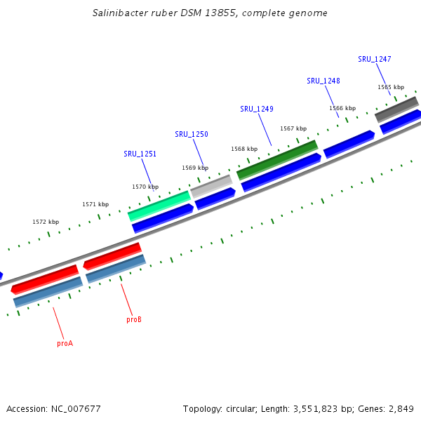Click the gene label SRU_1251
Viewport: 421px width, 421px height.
(x=140, y=154)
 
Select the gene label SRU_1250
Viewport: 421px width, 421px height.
(x=191, y=134)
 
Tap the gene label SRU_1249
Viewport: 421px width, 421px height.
(x=256, y=109)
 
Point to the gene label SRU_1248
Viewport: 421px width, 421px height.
(x=323, y=81)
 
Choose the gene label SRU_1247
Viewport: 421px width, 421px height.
(x=374, y=60)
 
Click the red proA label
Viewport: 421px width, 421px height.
(x=65, y=343)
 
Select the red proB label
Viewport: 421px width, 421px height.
(x=134, y=319)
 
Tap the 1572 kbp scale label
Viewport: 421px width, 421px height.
(x=45, y=222)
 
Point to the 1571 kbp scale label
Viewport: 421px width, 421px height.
(x=95, y=204)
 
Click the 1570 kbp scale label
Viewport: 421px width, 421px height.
(x=145, y=187)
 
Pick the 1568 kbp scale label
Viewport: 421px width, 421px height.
(x=244, y=149)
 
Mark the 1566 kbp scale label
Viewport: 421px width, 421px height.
(x=342, y=108)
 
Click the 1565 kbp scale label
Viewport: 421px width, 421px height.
(x=391, y=87)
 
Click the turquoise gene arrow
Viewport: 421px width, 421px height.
(x=159, y=206)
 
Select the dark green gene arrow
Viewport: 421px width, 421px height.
(x=277, y=159)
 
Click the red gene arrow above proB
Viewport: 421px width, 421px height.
(x=112, y=255)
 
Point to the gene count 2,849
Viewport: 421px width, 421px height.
(x=400, y=408)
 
